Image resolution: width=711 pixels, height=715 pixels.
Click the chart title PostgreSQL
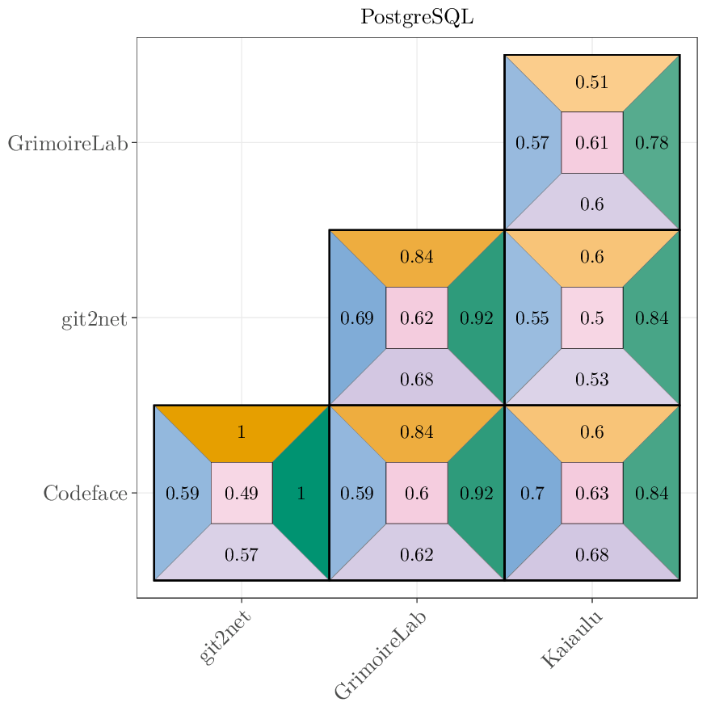416,17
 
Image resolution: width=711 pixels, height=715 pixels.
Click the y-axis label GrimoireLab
68,144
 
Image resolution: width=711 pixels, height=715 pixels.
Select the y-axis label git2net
94,319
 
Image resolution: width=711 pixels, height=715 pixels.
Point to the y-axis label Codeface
85,494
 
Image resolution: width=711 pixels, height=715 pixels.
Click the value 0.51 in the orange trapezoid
591,82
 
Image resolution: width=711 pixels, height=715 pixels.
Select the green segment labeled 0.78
651,143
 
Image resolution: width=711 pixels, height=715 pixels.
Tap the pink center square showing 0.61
591,143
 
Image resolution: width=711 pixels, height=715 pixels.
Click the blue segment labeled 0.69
356,318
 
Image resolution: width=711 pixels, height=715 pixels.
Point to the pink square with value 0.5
591,318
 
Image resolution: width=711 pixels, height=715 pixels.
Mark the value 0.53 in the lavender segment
591,379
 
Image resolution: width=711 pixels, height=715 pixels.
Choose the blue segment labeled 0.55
532,318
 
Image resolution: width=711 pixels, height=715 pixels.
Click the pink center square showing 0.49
241,493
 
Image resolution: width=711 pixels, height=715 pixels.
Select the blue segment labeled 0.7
532,493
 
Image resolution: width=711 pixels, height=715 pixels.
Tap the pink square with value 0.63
591,493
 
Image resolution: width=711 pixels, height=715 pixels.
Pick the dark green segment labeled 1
301,493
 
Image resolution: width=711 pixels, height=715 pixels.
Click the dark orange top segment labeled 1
241,432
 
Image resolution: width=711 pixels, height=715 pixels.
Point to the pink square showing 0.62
416,318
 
